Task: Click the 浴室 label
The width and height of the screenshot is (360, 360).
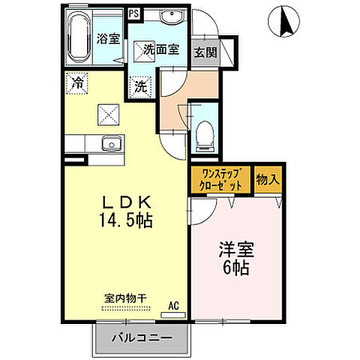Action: (x=107, y=39)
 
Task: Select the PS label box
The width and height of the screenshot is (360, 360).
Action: (x=134, y=13)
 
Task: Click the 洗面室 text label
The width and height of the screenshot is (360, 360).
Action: (x=160, y=51)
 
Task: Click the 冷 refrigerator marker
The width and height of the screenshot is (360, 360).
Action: (x=76, y=83)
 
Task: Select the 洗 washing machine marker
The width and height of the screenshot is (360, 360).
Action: (x=141, y=86)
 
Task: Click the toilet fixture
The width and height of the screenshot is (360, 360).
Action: (x=202, y=132)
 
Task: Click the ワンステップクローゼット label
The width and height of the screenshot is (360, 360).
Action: (x=221, y=180)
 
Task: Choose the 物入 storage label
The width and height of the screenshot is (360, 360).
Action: (x=267, y=180)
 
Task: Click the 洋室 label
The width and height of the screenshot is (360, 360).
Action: (x=233, y=248)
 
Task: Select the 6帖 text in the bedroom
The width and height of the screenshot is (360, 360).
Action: (x=233, y=268)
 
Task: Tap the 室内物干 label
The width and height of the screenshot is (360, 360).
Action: (x=124, y=298)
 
